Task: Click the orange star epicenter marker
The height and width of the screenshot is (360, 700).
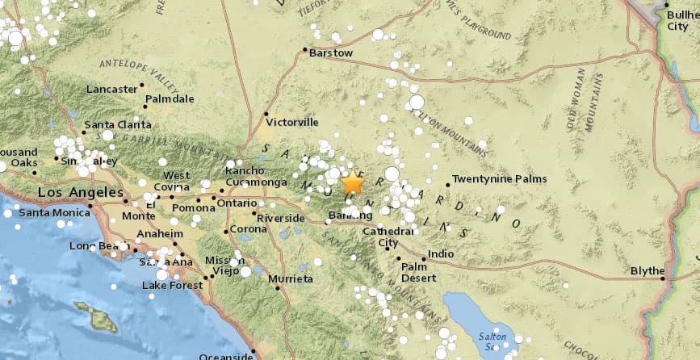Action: tap(352, 183)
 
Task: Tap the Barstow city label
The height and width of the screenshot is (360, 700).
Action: tap(333, 53)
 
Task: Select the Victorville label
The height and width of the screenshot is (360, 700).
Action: tap(292, 123)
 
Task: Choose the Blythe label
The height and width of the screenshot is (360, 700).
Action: tap(647, 270)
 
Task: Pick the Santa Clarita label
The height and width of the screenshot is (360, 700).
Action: tap(118, 124)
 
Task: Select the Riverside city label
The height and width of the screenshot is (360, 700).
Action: tap(280, 218)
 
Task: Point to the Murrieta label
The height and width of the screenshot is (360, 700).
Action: tap(291, 278)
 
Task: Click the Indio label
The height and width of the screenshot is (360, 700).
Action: tap(441, 253)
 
